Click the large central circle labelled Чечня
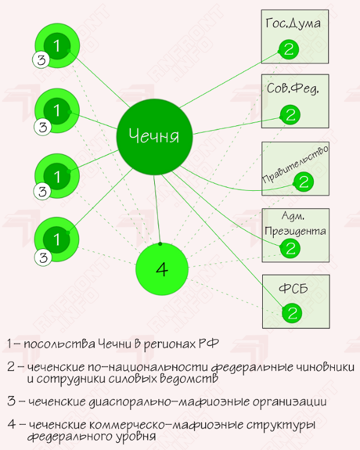coord(155,136)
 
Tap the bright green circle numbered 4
coord(161,270)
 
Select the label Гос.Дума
coord(292,23)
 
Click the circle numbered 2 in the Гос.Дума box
coord(289,49)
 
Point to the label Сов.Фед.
coord(292,89)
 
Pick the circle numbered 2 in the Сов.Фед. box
coord(290,115)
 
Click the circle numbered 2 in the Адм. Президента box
coord(290,248)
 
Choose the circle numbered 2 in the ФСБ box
coord(292,313)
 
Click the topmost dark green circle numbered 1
coord(57,46)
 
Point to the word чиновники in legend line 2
coord(324,367)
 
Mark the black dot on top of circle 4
coord(160,244)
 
